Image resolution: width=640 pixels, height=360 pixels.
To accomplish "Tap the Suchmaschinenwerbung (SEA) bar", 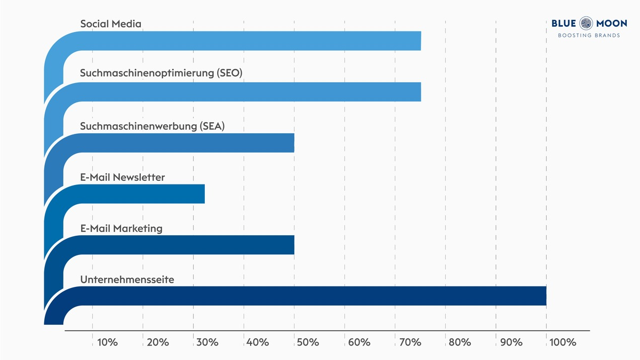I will tap(187, 143).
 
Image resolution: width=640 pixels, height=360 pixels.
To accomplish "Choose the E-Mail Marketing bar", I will tap(187, 245).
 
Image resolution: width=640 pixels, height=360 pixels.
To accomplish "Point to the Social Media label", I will tap(110, 24).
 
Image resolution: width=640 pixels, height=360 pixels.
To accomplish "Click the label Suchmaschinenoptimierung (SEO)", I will tap(161, 73).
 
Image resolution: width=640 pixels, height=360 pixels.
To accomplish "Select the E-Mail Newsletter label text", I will tap(123, 178).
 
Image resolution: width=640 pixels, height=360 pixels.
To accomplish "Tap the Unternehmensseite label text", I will tap(127, 279).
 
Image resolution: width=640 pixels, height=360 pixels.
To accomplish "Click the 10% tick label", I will tap(108, 342).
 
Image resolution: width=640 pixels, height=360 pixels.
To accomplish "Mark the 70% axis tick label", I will tap(410, 342).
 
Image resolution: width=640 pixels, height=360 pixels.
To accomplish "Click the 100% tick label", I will tap(563, 342).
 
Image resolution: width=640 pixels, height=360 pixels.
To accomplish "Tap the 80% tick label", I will tap(460, 342).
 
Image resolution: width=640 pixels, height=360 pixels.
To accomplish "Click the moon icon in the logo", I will tap(586, 23).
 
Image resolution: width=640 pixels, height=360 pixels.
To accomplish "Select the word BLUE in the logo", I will tap(564, 23).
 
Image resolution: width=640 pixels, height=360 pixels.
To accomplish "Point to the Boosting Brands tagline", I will tap(589, 36).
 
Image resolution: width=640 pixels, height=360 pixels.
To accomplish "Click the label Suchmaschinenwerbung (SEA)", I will tap(153, 126).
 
